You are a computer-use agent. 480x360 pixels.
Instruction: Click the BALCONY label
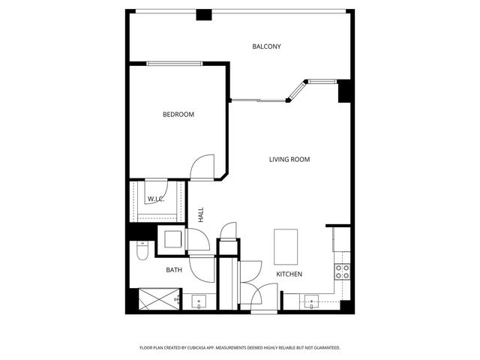pos(266,46)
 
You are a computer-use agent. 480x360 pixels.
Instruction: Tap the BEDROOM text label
pos(178,115)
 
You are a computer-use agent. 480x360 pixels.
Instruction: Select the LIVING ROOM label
pos(289,159)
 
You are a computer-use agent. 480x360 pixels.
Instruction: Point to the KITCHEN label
pos(289,274)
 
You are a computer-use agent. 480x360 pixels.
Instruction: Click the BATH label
pos(174,270)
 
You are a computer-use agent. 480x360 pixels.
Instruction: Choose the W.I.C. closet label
pos(156,199)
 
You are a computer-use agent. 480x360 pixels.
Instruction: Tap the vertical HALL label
pos(201,214)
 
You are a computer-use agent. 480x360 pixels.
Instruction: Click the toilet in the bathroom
pos(142,253)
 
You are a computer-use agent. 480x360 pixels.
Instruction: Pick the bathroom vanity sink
pos(199,301)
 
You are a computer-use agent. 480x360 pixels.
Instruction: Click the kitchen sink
pos(313,302)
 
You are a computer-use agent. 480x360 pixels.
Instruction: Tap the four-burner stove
pos(342,271)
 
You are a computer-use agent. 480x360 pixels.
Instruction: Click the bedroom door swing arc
pos(202,166)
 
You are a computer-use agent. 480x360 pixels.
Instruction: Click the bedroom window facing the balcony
pos(176,64)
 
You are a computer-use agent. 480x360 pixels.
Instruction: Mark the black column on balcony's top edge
pos(203,14)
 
